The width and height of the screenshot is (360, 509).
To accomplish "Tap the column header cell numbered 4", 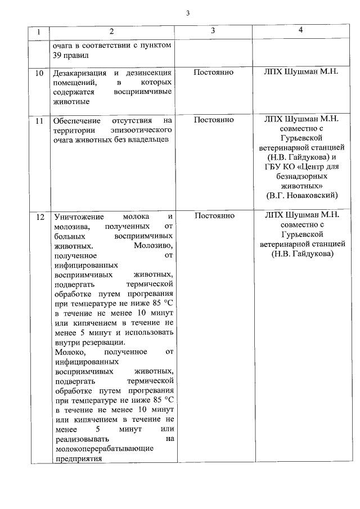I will pos(301,30).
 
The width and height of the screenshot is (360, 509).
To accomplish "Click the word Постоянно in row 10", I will pos(213,73).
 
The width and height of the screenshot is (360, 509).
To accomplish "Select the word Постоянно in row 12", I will pos(213,215).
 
